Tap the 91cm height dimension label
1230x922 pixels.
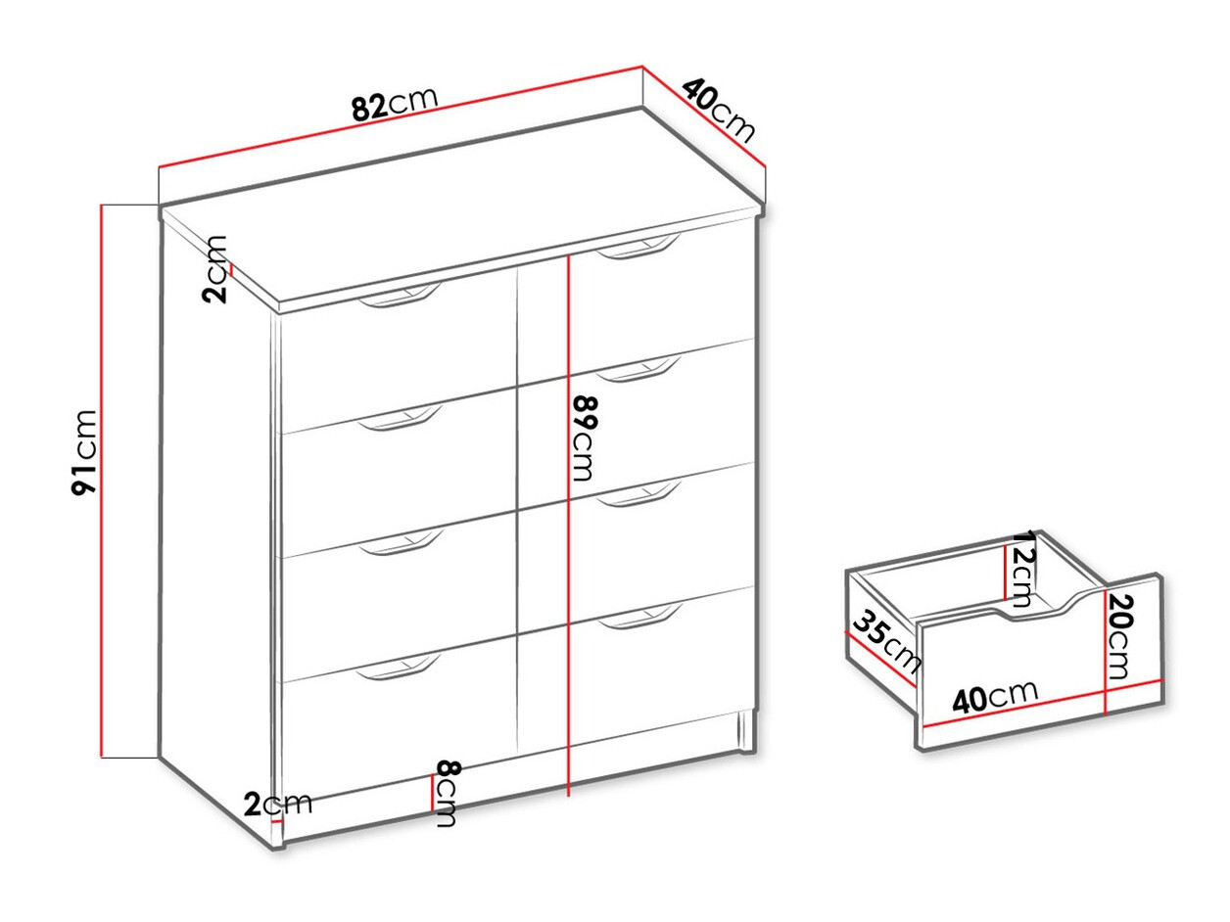(84, 452)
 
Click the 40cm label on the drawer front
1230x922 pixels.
(996, 697)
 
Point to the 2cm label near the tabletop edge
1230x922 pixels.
(215, 269)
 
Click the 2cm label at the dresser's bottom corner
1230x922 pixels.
(278, 805)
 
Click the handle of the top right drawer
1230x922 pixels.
(639, 247)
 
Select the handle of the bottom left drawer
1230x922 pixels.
(399, 668)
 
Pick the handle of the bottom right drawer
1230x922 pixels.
(639, 617)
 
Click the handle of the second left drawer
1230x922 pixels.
(400, 418)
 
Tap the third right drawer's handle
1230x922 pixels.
(639, 494)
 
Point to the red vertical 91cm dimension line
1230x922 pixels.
(102, 481)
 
